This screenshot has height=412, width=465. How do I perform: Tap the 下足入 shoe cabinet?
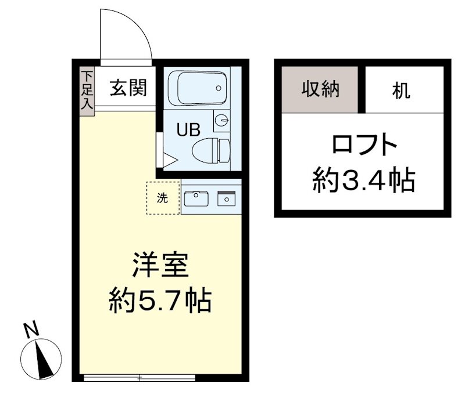click(87, 91)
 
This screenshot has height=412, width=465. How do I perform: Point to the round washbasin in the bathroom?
click(221, 121)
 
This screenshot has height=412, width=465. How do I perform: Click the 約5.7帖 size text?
click(160, 301)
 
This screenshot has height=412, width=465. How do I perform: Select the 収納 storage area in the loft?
click(320, 90)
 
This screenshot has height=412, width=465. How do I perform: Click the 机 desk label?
click(401, 91)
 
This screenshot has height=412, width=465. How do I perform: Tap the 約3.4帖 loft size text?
click(364, 182)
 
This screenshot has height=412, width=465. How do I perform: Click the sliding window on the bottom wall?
click(139, 378)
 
